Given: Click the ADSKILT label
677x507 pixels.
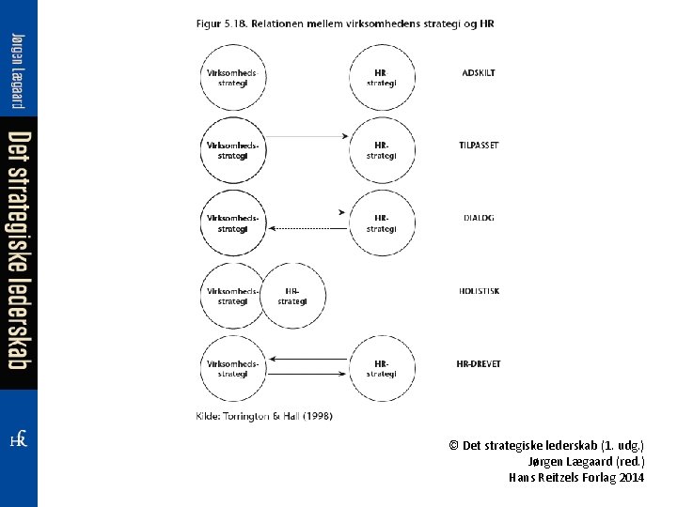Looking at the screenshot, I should coord(479,72).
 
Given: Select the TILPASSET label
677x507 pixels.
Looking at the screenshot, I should coord(479,146).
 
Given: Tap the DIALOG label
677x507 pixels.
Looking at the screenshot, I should coord(479,218).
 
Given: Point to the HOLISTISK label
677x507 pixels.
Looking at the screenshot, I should coord(480,291).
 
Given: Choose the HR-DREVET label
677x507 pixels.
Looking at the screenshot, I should coord(479,363).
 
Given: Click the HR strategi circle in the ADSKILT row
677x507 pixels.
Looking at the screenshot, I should coord(381,76).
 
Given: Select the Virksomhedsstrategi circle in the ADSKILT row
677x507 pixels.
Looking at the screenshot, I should coord(232,76).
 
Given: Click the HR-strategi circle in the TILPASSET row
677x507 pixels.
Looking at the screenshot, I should coord(381,149).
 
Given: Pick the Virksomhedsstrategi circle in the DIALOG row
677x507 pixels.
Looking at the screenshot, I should coord(232,223).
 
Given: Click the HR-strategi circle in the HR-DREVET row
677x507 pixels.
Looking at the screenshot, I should coord(381,368).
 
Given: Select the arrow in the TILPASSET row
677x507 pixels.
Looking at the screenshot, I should coord(306,138).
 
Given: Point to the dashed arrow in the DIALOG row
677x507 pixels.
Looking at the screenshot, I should coord(306,228).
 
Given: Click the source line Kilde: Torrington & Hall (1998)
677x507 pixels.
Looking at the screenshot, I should coord(263,415).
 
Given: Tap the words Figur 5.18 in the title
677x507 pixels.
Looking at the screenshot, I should coord(222,23).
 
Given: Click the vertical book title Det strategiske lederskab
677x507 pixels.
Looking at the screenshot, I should coord(18,249).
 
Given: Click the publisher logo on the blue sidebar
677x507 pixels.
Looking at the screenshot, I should coord(18,438).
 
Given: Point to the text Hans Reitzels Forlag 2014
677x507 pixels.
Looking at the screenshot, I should coord(576,477).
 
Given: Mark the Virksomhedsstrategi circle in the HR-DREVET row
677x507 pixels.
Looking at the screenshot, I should coord(232,368).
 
